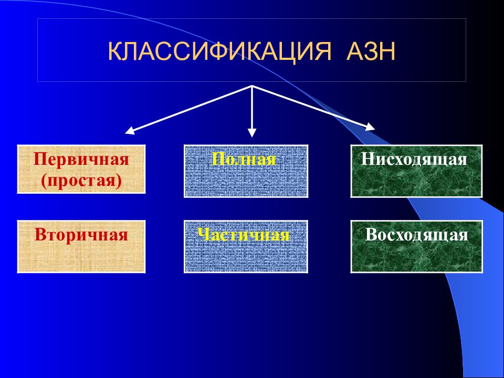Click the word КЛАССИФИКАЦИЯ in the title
click(x=219, y=51)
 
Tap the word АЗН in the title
click(x=371, y=51)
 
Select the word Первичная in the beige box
click(x=81, y=159)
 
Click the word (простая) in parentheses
click(x=81, y=181)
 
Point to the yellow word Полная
click(x=244, y=159)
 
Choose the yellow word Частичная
click(x=244, y=234)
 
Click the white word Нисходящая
click(x=414, y=159)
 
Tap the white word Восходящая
click(x=416, y=235)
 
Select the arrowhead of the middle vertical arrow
click(x=252, y=132)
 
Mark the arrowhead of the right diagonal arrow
click(x=370, y=128)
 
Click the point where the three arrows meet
click(x=252, y=86)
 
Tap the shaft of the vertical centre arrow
click(x=252, y=107)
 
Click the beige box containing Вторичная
click(x=81, y=247)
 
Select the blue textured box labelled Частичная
click(x=246, y=247)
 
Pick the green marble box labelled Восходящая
click(x=416, y=247)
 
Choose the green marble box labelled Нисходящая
click(x=416, y=171)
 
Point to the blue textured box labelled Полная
click(x=246, y=171)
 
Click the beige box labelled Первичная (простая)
click(x=81, y=169)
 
